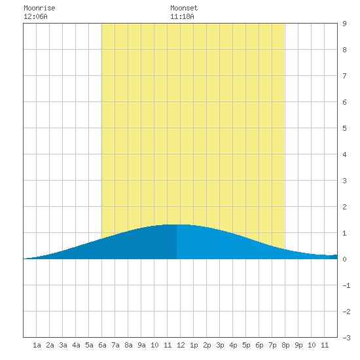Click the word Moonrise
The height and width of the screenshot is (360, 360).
click(x=39, y=8)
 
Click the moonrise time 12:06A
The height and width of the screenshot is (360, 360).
click(x=35, y=16)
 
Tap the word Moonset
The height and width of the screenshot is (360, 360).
click(x=184, y=8)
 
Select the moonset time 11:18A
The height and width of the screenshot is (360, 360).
click(x=182, y=16)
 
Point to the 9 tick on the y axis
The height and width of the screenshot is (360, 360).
click(x=344, y=24)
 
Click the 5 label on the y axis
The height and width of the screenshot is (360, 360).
click(x=344, y=128)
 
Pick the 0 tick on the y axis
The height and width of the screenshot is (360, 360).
click(x=344, y=259)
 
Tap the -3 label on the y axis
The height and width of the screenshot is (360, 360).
click(x=346, y=338)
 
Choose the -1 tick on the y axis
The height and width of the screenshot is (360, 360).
click(x=346, y=285)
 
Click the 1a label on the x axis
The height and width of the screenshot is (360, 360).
click(x=37, y=345)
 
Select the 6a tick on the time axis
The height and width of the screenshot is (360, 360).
click(x=102, y=345)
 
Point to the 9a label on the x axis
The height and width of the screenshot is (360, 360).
click(x=141, y=345)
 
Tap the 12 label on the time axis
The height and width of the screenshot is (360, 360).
click(x=181, y=345)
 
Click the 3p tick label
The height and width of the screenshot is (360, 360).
click(x=220, y=345)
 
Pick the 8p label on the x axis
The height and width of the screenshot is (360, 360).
click(x=285, y=345)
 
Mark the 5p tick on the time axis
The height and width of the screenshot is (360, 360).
click(x=246, y=345)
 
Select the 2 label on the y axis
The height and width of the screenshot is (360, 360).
click(x=344, y=207)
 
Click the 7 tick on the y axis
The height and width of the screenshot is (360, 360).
click(x=344, y=76)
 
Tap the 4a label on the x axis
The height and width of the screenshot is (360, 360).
click(x=76, y=345)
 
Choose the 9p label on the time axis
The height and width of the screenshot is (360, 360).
click(x=298, y=345)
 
